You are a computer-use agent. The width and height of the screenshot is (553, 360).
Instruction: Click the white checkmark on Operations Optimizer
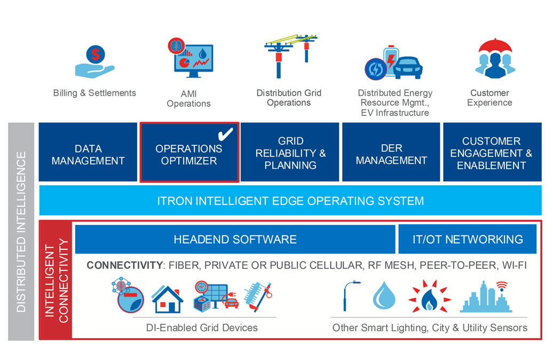point(226,134)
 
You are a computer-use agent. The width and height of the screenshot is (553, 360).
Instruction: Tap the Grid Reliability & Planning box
point(290,153)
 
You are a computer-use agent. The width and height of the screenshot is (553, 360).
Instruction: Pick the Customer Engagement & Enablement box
point(491,153)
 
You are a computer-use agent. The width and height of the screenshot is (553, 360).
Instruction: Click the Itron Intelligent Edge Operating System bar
point(290,201)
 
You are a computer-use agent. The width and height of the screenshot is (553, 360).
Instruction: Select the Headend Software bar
point(235,239)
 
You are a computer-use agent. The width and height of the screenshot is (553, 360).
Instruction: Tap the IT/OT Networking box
point(467,239)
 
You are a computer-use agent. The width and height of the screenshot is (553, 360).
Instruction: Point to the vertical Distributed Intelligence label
point(21,232)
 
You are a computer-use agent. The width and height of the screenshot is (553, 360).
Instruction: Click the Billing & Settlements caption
point(94,93)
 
